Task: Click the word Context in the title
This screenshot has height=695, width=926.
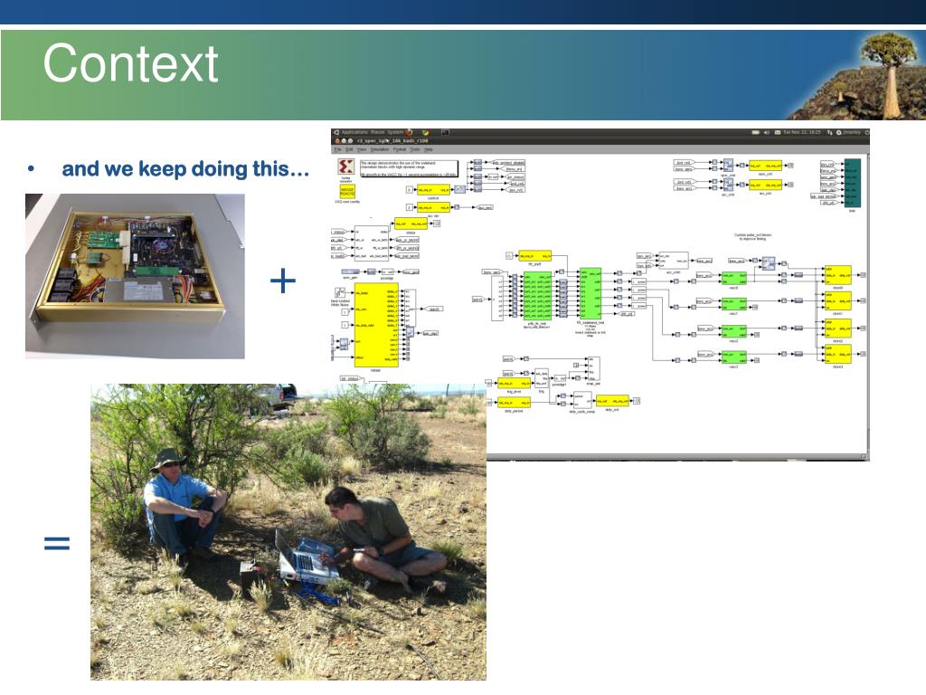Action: [130, 65]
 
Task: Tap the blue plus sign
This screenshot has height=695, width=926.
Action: [283, 282]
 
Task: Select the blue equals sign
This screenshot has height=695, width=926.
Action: [56, 543]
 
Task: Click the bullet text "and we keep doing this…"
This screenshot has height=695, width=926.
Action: [185, 169]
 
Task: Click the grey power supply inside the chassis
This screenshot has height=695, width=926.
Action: [143, 290]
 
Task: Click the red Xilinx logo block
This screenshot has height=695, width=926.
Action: [345, 169]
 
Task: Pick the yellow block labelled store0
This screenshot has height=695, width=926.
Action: [837, 274]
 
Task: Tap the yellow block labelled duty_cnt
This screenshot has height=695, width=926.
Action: [614, 400]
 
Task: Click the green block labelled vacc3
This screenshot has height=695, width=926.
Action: [732, 358]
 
